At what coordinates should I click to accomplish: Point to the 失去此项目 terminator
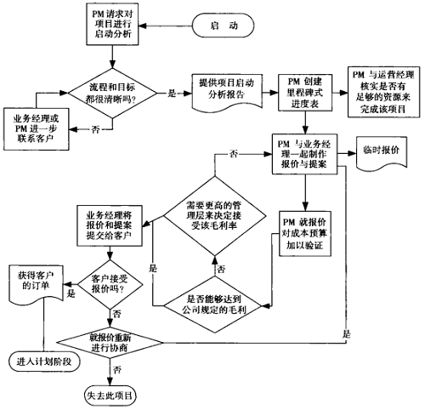pyautogui.click(x=111, y=396)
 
